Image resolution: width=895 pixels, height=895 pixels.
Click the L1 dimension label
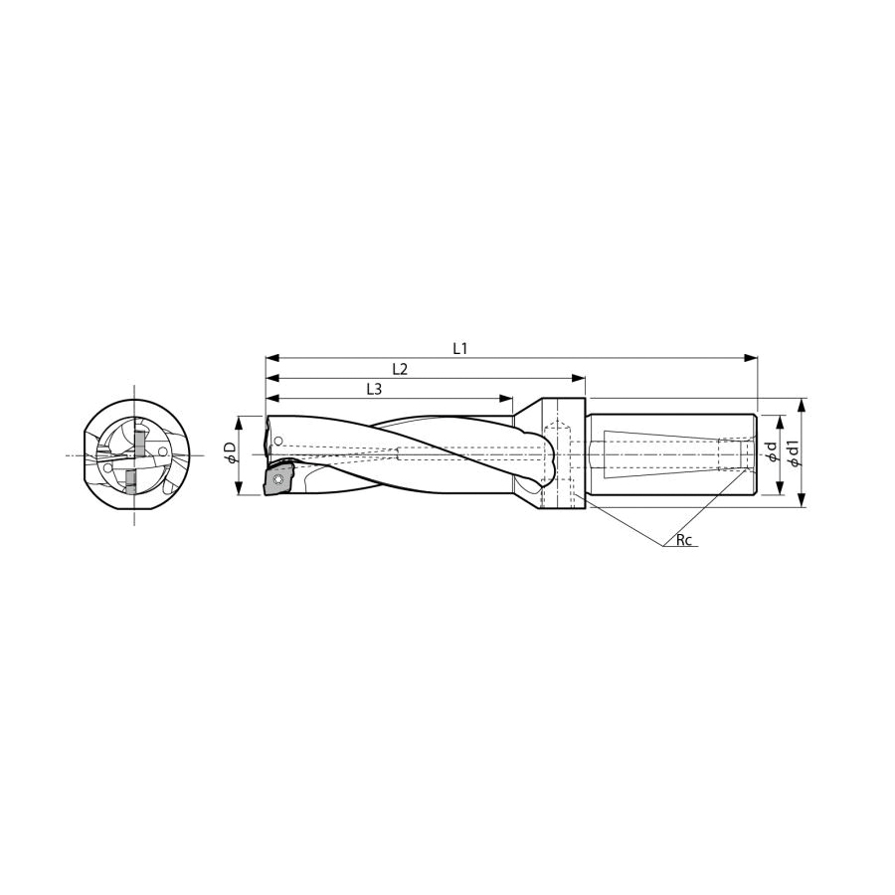coord(460,348)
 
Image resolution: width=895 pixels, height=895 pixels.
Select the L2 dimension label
coord(400,369)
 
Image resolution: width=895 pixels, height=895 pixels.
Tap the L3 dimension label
coord(373,389)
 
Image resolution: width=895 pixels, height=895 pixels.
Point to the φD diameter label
coord(231,455)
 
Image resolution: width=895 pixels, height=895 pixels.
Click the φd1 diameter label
coord(793,452)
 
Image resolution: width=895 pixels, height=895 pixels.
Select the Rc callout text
coord(684,540)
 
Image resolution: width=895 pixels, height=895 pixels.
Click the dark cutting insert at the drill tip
coord(278,480)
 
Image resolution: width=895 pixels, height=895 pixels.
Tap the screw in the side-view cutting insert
coord(278,479)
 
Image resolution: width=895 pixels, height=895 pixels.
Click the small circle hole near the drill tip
coord(278,441)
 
